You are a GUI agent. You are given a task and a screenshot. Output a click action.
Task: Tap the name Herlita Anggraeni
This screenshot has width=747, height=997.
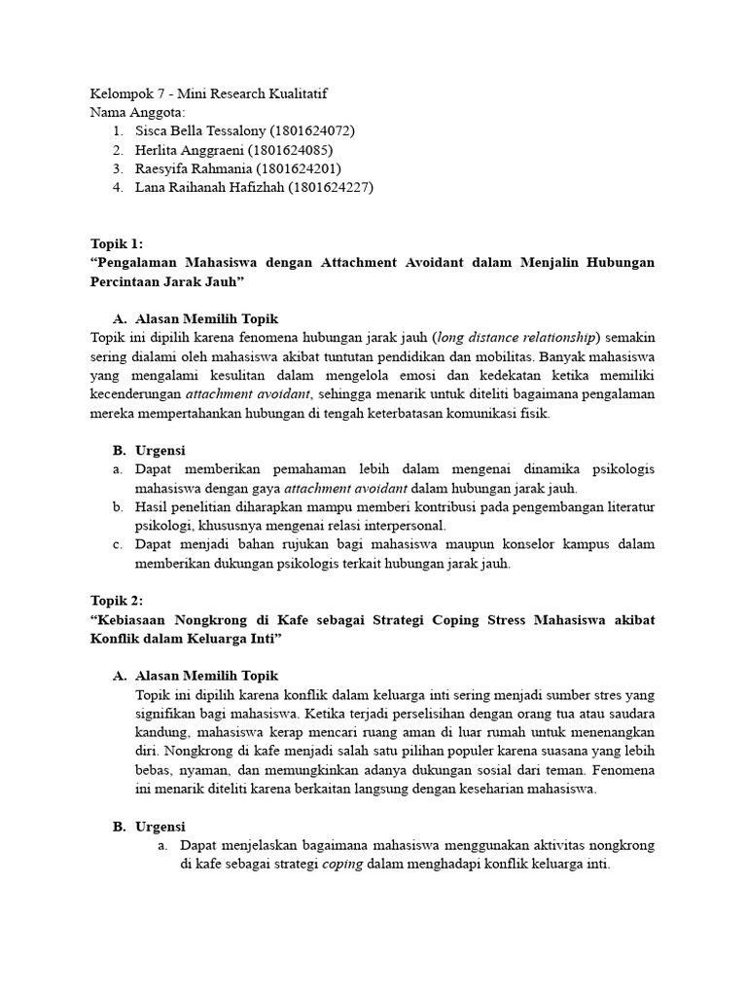(190, 150)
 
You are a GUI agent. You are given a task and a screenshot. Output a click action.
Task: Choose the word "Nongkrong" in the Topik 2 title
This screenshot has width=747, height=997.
(221, 619)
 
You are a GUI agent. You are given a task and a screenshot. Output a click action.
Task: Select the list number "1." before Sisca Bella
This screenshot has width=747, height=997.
(118, 130)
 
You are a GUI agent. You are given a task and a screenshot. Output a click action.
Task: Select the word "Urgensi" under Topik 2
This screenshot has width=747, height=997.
(160, 827)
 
